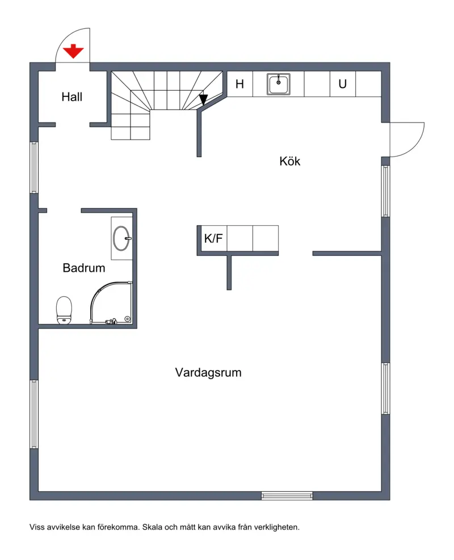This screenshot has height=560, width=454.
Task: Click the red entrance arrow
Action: point(73,51)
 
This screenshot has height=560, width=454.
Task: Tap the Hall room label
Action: point(72,97)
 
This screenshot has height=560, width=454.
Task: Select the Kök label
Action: point(289,161)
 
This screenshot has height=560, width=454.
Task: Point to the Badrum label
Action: point(84,268)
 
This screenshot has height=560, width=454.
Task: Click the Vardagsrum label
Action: point(208,373)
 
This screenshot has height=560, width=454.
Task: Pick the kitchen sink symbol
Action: point(278,84)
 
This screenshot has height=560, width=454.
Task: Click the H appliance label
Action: point(239,84)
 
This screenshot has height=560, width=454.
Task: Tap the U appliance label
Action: point(343,84)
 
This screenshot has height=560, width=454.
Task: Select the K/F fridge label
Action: point(213,238)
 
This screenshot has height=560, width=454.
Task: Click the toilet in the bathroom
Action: point(64,310)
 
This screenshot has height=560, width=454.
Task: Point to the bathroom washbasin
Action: point(121,238)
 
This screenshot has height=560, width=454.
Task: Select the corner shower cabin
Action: point(111,303)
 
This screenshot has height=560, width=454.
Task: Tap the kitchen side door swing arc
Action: point(414,146)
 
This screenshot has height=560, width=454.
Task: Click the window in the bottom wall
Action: point(287,495)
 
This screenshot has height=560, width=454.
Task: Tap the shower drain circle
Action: point(127,318)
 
